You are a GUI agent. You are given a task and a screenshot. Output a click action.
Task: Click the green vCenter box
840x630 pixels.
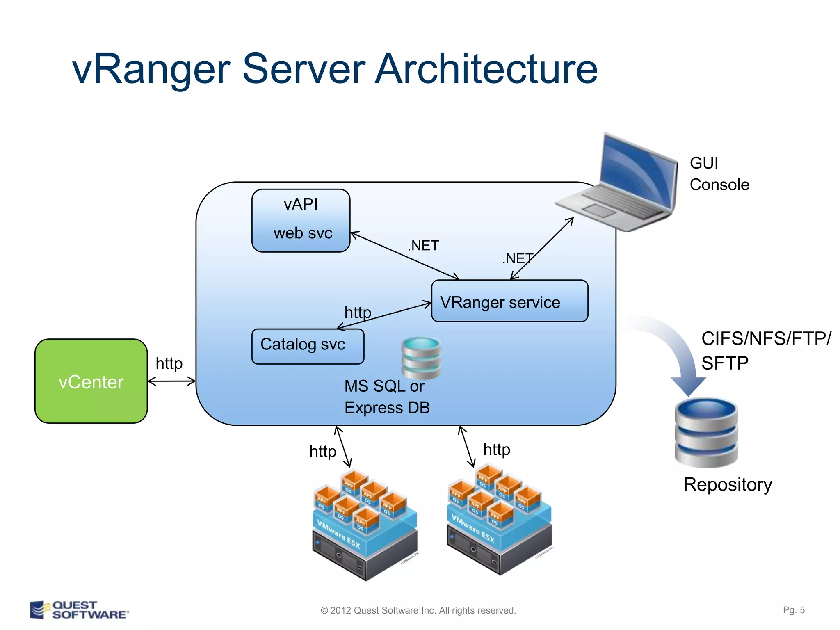[x=91, y=381]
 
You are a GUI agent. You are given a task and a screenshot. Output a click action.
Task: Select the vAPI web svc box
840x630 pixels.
[x=301, y=220]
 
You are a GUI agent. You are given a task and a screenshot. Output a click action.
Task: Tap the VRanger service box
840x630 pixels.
[x=509, y=301]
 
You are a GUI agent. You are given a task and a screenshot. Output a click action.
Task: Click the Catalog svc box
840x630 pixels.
[x=308, y=346]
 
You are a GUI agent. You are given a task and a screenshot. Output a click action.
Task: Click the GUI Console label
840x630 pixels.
[x=719, y=174]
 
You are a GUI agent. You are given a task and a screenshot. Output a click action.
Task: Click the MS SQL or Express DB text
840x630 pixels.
[x=386, y=397]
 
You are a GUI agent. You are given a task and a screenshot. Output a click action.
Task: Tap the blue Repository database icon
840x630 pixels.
[x=706, y=432]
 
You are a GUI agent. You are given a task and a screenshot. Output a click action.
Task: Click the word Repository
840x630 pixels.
[x=727, y=484]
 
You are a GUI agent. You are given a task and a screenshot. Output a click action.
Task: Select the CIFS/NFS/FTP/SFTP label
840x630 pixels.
[x=765, y=351]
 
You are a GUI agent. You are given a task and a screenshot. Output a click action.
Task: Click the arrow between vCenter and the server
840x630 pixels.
[x=171, y=381]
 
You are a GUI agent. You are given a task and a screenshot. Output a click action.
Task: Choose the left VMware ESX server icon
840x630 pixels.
[x=365, y=525]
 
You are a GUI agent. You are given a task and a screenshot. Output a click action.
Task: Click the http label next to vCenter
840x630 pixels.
[x=169, y=363]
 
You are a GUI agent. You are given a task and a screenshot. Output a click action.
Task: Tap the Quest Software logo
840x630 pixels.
[x=79, y=610]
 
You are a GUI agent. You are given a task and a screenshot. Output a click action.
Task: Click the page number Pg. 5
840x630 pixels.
[x=793, y=610]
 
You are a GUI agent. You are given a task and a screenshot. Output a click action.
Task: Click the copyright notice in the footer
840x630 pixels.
[x=418, y=610]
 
